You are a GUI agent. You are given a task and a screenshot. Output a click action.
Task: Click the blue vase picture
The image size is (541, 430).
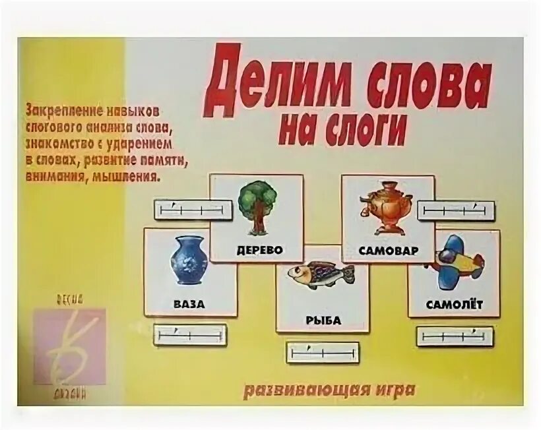click(x=189, y=261)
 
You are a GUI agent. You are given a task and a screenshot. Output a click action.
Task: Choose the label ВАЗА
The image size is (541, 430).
click(x=190, y=305)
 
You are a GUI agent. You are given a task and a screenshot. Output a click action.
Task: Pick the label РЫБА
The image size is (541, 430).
click(x=323, y=321)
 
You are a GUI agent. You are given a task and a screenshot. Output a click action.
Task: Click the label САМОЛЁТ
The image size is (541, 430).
click(x=454, y=304)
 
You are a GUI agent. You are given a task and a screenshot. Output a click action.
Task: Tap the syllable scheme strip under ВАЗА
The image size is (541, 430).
click(x=190, y=334)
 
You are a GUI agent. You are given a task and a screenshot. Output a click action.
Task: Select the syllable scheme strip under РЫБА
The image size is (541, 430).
click(x=323, y=352)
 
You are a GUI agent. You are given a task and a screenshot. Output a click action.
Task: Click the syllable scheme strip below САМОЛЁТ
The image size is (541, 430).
click(x=454, y=336)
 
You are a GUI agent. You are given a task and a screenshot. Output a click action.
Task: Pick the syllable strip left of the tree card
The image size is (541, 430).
click(x=193, y=210)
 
